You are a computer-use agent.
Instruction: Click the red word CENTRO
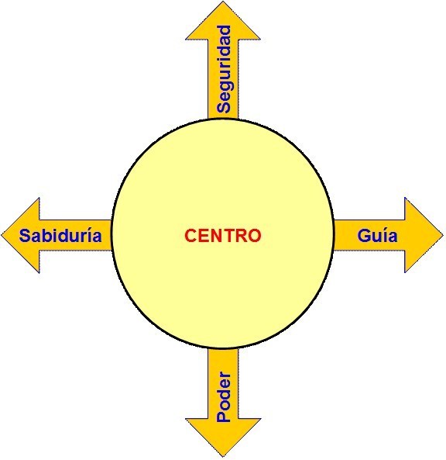coord(222,236)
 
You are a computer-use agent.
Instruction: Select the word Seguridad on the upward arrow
coord(224,69)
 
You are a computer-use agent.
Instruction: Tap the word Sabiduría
coord(60,235)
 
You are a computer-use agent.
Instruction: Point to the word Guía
coord(378,235)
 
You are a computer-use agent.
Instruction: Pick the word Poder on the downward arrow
coord(224,397)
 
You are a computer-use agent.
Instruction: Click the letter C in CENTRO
coord(191,236)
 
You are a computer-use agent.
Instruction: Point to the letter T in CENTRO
coord(227,236)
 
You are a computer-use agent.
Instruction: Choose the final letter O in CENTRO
coord(254,236)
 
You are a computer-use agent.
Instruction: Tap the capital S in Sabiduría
coord(25,235)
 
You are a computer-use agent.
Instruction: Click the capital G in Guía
coord(364,236)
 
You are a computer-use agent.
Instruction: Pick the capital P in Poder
coord(224,417)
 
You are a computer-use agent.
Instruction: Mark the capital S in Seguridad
coord(224,107)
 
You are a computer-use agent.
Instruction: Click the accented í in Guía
coord(386,234)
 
